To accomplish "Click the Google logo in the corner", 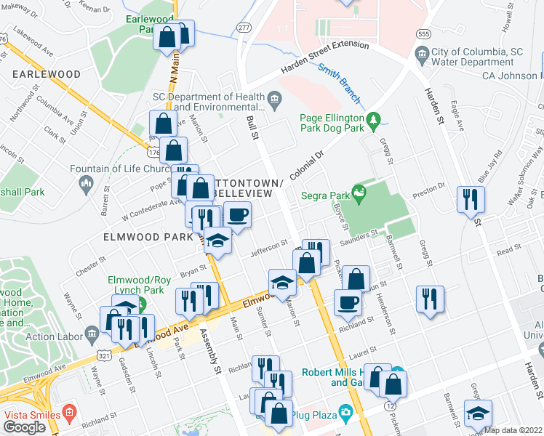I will pos(24,427).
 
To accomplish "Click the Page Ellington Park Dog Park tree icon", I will pos(374,118).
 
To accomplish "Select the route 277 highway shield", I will pos(243,27).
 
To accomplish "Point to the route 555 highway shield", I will pos(422,33).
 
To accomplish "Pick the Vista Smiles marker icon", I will pos(70,411).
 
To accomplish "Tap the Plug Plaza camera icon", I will pos(345,413).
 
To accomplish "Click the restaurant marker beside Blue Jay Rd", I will pos(470,198).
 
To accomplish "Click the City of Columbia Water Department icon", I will pos(422,53).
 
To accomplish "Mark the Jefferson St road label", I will pos(270,249).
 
